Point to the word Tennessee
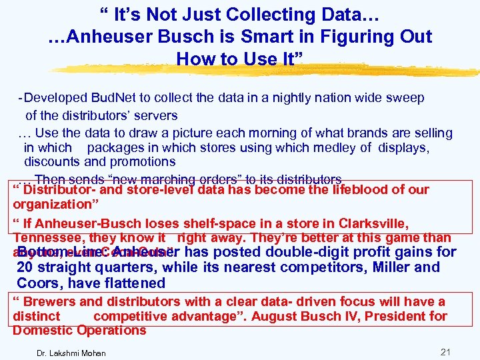[44, 237]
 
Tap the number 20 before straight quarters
[26, 268]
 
